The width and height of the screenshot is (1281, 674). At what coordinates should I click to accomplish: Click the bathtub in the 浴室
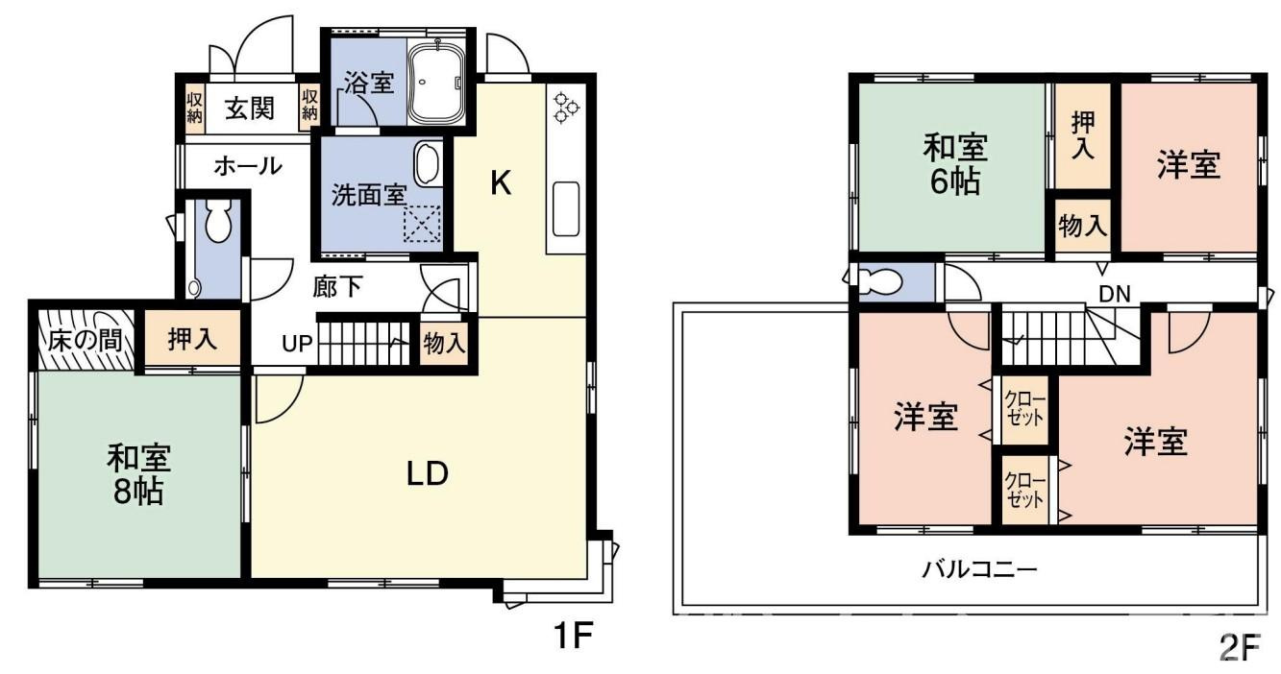pyautogui.click(x=437, y=83)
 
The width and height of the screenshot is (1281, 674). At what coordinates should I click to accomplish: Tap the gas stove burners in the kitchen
pyautogui.click(x=564, y=106)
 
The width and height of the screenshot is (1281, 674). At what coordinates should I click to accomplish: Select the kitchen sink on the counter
pyautogui.click(x=565, y=208)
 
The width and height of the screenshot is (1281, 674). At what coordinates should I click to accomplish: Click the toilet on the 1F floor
pyautogui.click(x=217, y=223)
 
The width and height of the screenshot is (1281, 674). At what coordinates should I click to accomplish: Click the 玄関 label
pyautogui.click(x=250, y=108)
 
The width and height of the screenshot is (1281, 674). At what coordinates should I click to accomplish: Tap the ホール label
pyautogui.click(x=247, y=166)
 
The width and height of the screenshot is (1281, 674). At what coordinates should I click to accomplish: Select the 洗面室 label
pyautogui.click(x=368, y=195)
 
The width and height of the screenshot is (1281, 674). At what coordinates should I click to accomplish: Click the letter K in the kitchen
pyautogui.click(x=500, y=182)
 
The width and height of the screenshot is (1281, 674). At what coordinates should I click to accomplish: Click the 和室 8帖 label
pyautogui.click(x=138, y=474)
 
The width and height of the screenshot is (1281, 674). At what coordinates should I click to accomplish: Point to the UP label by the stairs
pyautogui.click(x=296, y=343)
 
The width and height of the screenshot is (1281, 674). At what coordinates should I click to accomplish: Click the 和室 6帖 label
pyautogui.click(x=954, y=165)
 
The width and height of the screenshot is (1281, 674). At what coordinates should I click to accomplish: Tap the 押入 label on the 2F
pyautogui.click(x=1083, y=135)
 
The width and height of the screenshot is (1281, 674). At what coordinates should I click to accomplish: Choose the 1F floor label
pyautogui.click(x=571, y=637)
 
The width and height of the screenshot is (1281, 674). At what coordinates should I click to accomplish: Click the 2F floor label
pyautogui.click(x=1239, y=649)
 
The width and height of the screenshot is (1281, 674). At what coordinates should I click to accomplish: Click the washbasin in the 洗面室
pyautogui.click(x=427, y=165)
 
